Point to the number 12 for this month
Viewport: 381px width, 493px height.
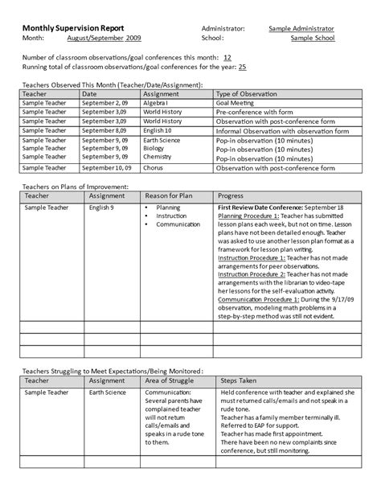click(x=227, y=58)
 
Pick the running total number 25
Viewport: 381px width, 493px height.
click(x=243, y=68)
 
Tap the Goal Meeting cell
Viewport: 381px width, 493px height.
click(x=240, y=104)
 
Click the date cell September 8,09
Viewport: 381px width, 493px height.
click(x=104, y=129)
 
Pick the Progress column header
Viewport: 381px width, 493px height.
click(x=231, y=195)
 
